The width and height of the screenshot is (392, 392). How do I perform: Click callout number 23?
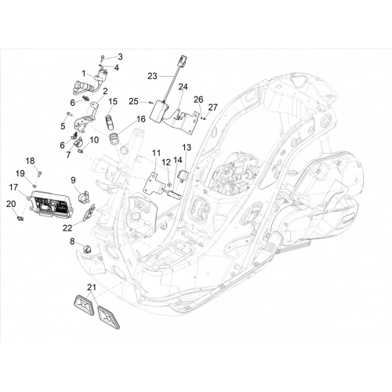pyautogui.click(x=152, y=76)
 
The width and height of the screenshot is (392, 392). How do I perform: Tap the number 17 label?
pyautogui.click(x=13, y=187)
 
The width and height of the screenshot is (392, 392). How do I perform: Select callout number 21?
pyautogui.click(x=92, y=288)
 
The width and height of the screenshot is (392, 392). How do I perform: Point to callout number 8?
pyautogui.click(x=72, y=241)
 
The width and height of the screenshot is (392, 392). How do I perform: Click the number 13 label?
pyautogui.click(x=187, y=147)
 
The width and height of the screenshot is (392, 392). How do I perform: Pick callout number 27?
pyautogui.click(x=212, y=107)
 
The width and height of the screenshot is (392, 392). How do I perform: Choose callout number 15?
pyautogui.click(x=113, y=101)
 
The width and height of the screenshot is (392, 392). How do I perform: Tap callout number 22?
pyautogui.click(x=67, y=228)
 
